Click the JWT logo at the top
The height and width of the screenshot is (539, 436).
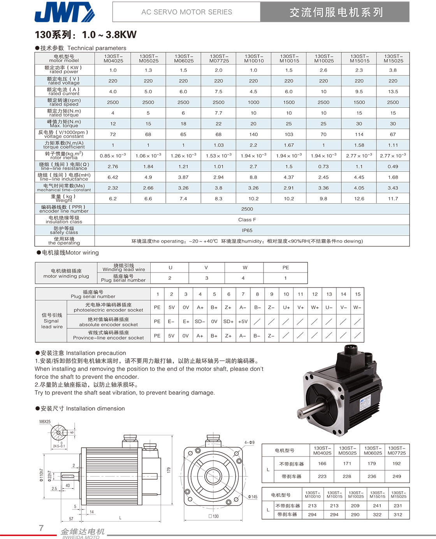click(64, 12)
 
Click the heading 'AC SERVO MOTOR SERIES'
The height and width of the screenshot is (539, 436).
click(186, 12)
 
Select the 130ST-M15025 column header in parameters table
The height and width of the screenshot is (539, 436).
click(393, 58)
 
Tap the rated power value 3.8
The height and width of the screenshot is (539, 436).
click(393, 70)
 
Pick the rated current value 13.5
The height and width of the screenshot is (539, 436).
click(393, 92)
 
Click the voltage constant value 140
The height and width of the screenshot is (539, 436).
click(253, 134)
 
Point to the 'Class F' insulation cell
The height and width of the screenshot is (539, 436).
click(247, 220)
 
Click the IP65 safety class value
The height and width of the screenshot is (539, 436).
click(247, 230)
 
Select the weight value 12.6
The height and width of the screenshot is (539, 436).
click(359, 199)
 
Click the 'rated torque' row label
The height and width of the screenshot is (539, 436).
click(64, 113)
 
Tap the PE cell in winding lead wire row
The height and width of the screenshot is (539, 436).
click(285, 267)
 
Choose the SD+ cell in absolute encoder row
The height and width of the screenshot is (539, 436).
click(228, 321)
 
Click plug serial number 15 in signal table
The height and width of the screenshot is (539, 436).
click(358, 294)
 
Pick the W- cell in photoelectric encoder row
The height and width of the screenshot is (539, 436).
click(357, 307)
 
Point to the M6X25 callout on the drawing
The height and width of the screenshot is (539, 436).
click(45, 422)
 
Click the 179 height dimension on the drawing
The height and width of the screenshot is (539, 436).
click(169, 470)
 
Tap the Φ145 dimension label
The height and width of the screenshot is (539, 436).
click(253, 497)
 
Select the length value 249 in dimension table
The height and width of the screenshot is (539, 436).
click(397, 476)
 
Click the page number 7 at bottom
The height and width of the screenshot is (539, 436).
click(41, 528)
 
